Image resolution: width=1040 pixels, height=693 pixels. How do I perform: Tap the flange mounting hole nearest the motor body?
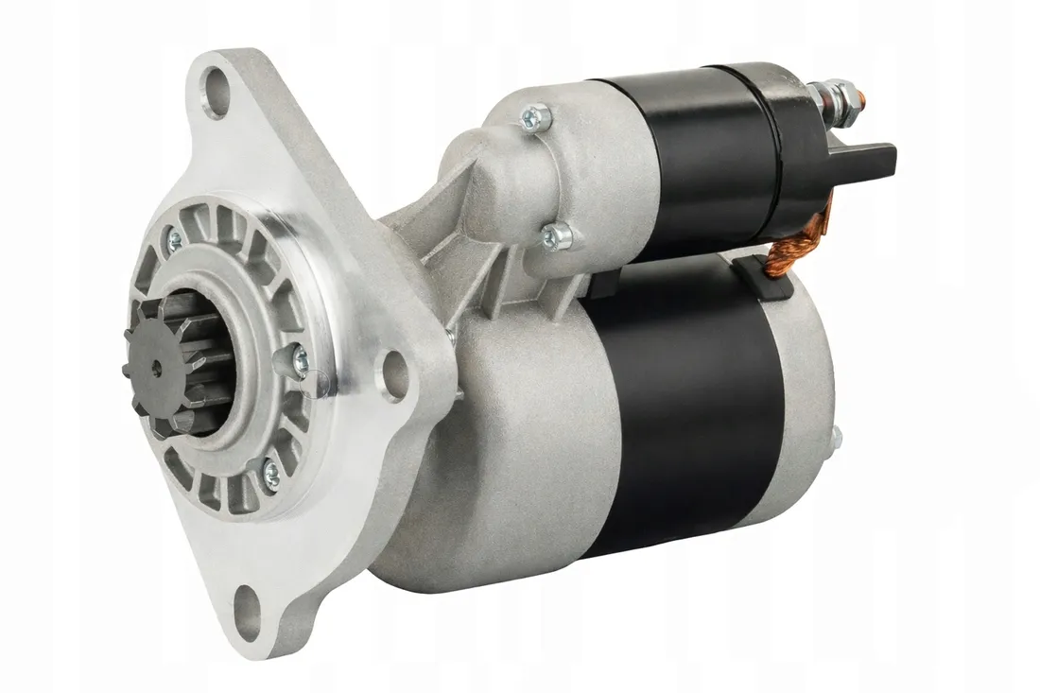[394, 375]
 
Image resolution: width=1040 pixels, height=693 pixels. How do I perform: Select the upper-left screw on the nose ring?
[174, 242]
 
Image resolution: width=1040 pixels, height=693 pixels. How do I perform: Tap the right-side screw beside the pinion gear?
[296, 359]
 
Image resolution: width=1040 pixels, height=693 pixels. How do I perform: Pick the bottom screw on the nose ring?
[270, 473]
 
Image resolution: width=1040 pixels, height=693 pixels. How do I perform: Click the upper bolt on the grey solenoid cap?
[537, 117]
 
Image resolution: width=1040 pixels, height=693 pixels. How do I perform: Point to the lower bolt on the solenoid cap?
[558, 235]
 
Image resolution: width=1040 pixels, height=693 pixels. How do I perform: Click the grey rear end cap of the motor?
[804, 397]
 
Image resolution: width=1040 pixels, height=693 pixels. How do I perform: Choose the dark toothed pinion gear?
[180, 364]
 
